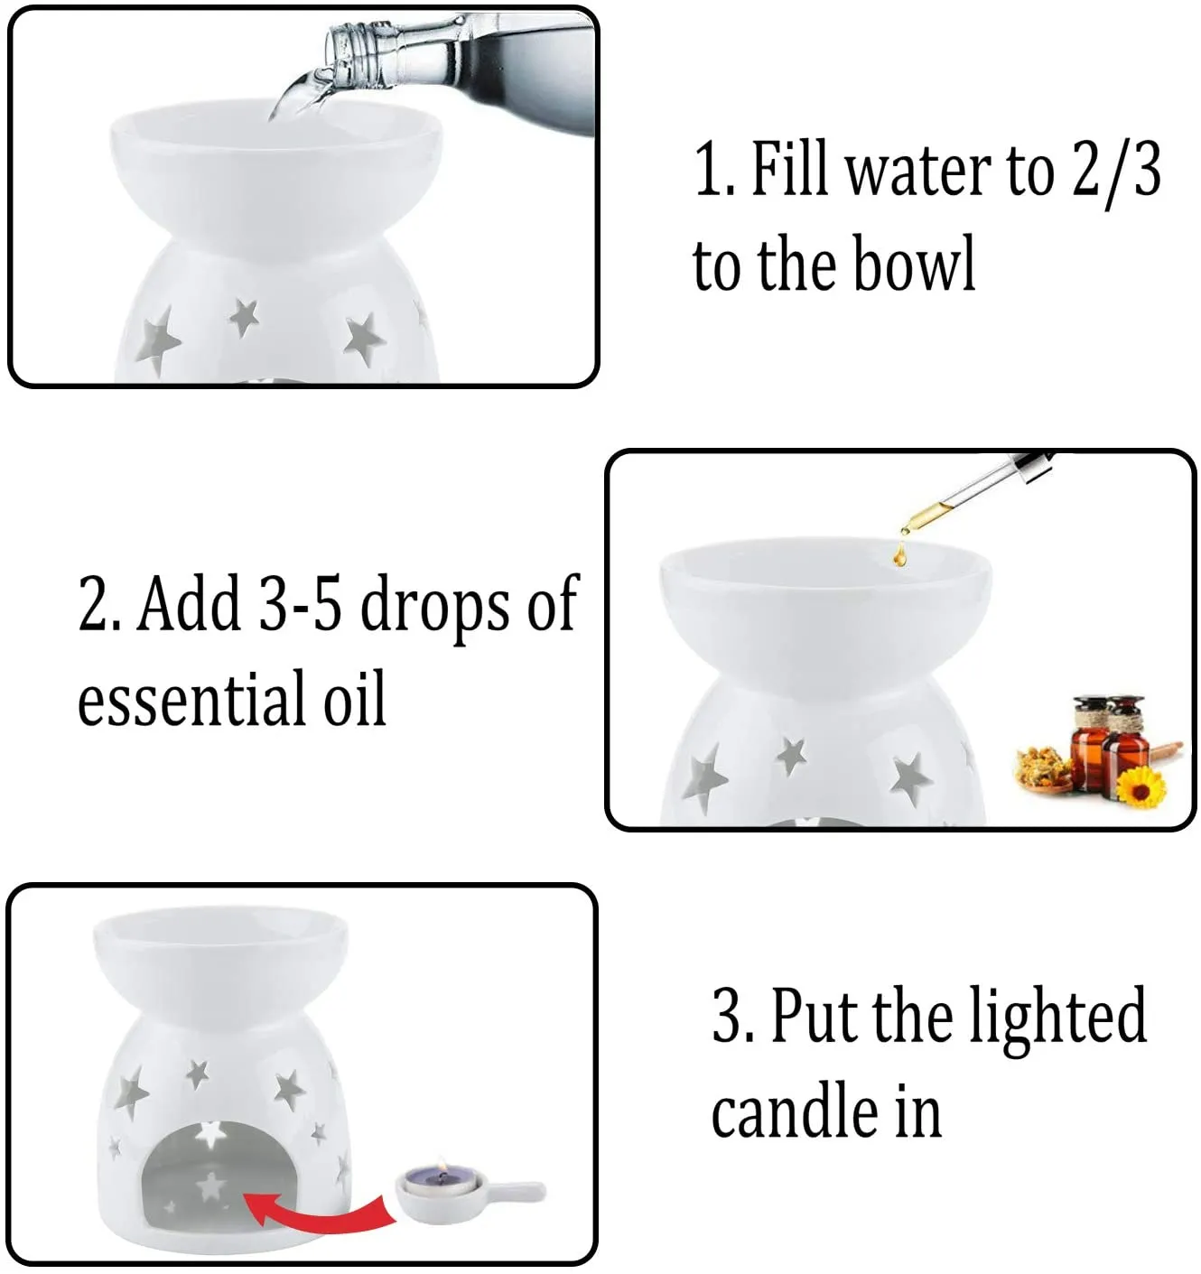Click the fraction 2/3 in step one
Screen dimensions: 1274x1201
tap(1116, 170)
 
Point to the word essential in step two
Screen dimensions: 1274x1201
tap(193, 698)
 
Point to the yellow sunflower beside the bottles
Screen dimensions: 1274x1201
tap(1140, 785)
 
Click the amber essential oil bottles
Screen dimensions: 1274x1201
tap(1107, 740)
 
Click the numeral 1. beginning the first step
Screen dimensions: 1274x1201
tap(712, 170)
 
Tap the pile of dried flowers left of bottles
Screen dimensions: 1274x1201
tap(1043, 767)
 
